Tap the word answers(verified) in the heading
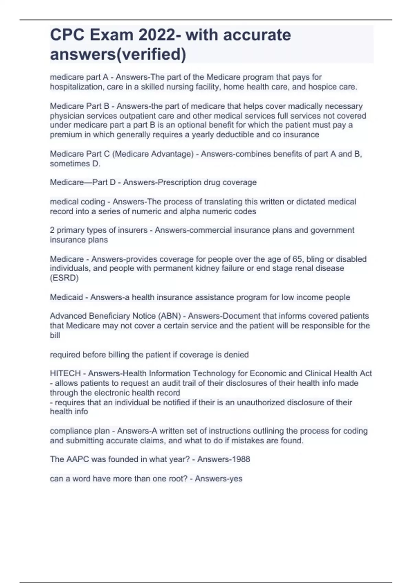[118, 54]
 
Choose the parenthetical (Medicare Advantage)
[153, 154]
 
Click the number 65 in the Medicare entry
[297, 259]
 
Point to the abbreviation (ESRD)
[64, 278]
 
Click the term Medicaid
[66, 297]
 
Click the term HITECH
[65, 373]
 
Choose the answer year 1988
[240, 459]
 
